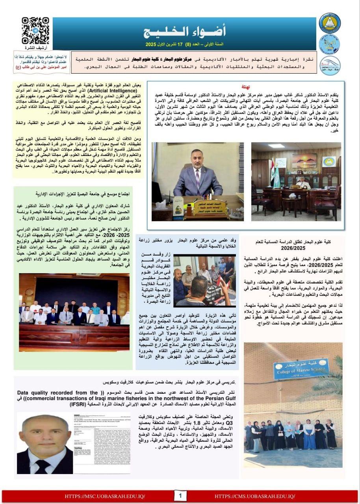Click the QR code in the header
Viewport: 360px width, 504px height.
[35, 30]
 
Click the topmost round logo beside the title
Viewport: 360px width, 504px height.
[329, 22]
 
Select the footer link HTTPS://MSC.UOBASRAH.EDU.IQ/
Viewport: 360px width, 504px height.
[105, 496]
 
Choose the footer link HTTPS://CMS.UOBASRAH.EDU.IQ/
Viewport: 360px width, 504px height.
[255, 496]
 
